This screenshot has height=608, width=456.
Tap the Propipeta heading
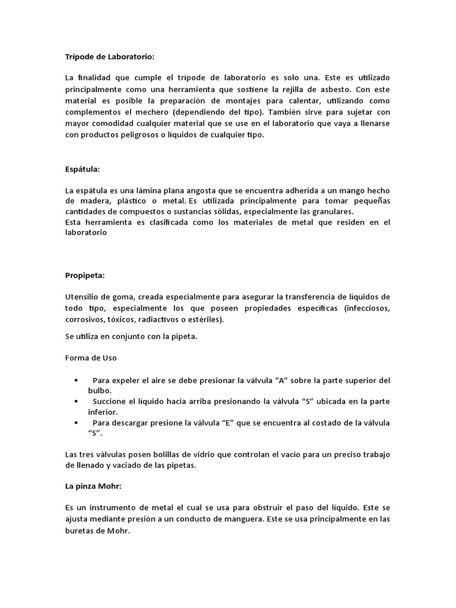point(84,275)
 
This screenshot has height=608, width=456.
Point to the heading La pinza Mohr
point(94,486)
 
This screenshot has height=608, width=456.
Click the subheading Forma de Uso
point(91,358)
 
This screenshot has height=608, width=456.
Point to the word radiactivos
point(161,319)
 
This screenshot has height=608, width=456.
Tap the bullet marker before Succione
point(77,401)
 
